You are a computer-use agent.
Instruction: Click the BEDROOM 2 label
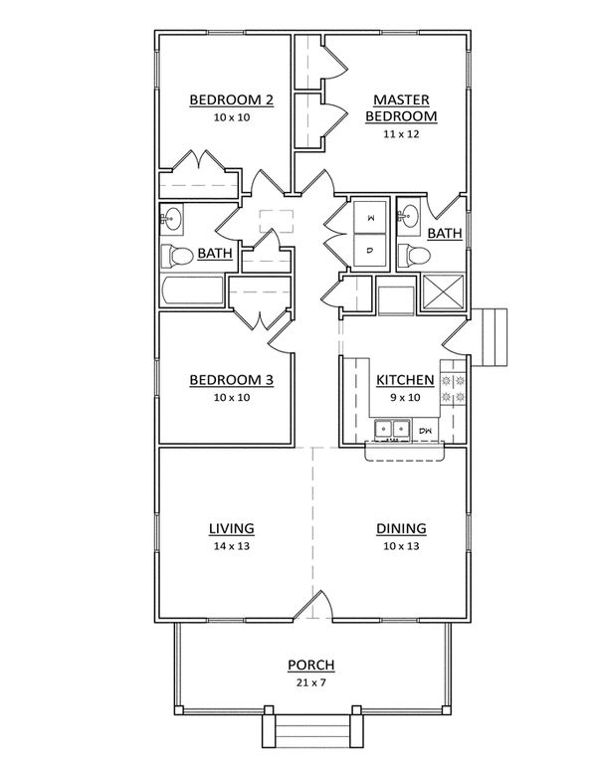point(231,100)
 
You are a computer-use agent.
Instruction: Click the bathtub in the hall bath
point(193,292)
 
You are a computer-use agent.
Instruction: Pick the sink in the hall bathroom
point(171,216)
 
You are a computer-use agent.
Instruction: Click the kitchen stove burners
point(453,389)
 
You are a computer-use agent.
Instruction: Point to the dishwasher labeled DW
point(425,430)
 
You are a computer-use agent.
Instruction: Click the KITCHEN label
point(404,380)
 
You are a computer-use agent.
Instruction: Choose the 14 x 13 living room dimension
point(231,546)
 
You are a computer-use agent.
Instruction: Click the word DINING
point(401,528)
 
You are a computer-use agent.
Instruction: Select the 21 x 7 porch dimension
point(310,683)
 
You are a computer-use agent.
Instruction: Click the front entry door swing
point(316,608)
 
